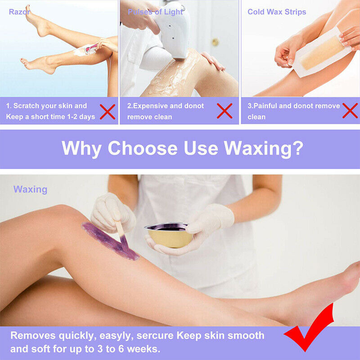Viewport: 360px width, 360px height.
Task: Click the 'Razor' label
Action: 19,12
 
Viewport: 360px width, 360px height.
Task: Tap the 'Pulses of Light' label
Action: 155,12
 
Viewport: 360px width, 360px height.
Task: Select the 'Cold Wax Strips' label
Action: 277,12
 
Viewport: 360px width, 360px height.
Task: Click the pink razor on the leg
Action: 90,48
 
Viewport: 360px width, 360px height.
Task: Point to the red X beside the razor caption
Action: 108,112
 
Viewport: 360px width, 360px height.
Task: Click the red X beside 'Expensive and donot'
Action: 224,111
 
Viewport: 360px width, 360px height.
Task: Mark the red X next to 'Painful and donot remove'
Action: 350,111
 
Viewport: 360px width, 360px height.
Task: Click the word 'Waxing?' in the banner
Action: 263,148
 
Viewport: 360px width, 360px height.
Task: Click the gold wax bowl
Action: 169,235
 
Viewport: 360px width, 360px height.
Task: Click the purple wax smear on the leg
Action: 110,241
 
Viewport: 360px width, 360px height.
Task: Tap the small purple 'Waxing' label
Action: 30,189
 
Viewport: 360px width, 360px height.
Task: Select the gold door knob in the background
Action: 216,42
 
